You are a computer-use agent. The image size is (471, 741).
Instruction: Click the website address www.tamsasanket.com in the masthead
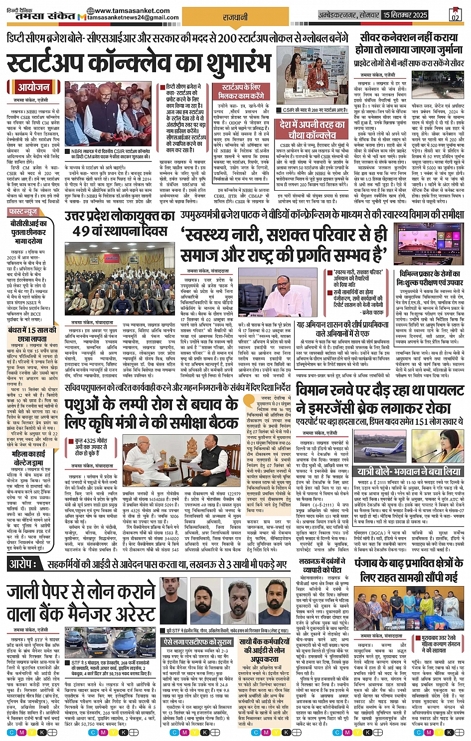132,10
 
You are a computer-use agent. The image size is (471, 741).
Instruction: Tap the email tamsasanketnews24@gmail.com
133,18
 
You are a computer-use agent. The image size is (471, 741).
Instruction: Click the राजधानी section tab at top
235,17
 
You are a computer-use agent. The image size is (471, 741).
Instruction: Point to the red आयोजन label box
33,87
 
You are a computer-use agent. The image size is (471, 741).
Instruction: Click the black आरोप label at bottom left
23,564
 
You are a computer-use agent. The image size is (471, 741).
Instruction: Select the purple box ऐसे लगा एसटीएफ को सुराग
198,643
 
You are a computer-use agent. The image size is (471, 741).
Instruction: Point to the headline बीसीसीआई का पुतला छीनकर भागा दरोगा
29,232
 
